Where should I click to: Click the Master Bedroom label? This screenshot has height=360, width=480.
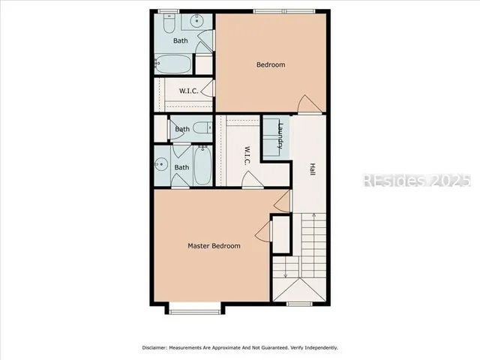point(214,246)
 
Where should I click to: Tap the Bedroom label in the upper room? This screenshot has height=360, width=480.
point(271,64)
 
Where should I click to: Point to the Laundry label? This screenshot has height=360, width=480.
point(280,136)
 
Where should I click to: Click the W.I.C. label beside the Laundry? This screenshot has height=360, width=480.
point(244,155)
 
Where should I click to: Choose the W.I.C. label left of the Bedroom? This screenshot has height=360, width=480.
point(187,92)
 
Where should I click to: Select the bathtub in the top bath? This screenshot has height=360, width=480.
point(173,64)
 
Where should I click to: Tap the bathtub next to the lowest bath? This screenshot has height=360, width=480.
point(203,167)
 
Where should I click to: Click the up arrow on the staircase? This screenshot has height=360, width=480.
point(315,218)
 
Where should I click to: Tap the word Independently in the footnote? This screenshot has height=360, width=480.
point(318,348)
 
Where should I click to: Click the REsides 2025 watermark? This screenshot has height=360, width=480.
point(416,181)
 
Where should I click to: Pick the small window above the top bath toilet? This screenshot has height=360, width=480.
point(169,10)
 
